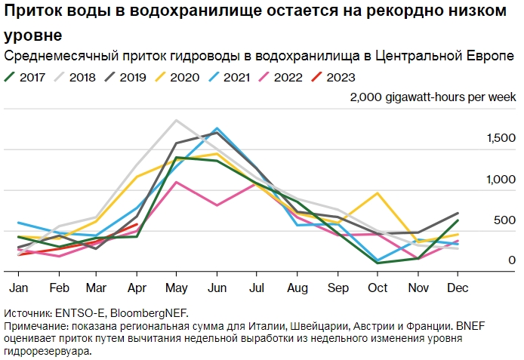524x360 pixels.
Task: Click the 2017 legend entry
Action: click(x=24, y=76)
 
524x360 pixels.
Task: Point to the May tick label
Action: click(x=176, y=288)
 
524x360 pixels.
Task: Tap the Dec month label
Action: click(x=457, y=288)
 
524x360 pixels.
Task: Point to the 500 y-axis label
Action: click(x=505, y=220)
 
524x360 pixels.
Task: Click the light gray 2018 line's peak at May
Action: click(x=176, y=120)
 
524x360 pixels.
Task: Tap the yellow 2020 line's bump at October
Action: click(x=377, y=192)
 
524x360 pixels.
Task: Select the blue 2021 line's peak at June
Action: click(x=217, y=128)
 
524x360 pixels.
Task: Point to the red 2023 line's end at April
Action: click(x=136, y=223)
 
